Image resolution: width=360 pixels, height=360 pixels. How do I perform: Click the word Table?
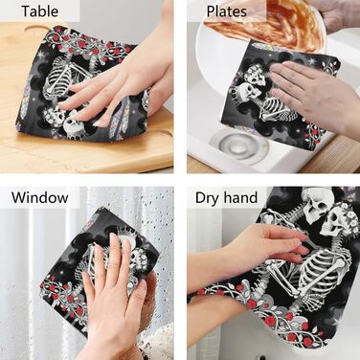point(40,11)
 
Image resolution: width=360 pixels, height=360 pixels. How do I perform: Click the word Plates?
point(227,11)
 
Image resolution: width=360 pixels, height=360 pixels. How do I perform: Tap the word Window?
point(40,197)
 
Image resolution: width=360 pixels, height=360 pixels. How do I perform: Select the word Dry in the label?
point(207,198)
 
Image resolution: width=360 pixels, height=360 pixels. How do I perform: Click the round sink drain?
point(235,146)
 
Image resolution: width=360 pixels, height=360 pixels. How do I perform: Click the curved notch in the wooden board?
point(40,30)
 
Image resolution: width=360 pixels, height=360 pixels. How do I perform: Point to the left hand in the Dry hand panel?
point(246,246)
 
